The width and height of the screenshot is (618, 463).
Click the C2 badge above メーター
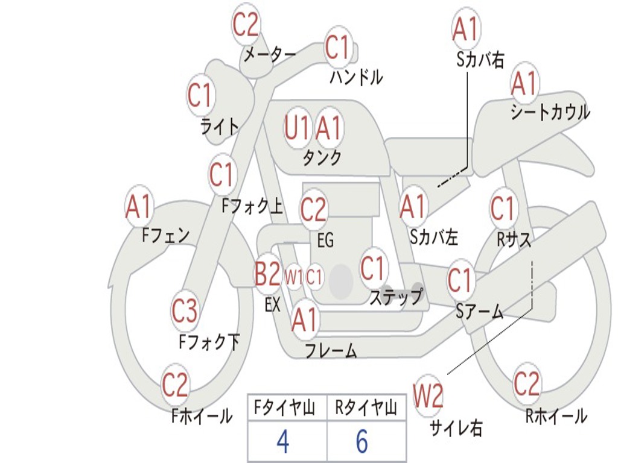pos(245,24)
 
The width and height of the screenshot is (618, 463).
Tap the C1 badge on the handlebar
pos(339,47)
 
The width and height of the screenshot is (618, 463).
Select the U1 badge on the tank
pos(298,128)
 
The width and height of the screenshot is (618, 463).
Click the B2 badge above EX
pos(268,274)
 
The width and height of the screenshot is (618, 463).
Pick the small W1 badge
pos(294,277)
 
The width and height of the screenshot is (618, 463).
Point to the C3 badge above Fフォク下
pos(185,310)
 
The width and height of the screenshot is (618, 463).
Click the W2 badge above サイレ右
pos(428,395)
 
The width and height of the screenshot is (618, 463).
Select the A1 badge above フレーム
pos(305,320)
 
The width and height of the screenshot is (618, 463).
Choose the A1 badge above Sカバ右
pos(467,29)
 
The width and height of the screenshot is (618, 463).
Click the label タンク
pos(322,158)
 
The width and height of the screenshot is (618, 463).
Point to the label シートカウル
pos(550,112)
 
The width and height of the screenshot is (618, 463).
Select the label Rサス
pos(513,239)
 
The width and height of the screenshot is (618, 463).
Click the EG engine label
pos(325,240)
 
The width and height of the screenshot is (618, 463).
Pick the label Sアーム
pos(480,312)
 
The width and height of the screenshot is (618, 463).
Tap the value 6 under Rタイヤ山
pos(362,441)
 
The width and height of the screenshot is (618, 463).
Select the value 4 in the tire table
pos(283,441)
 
